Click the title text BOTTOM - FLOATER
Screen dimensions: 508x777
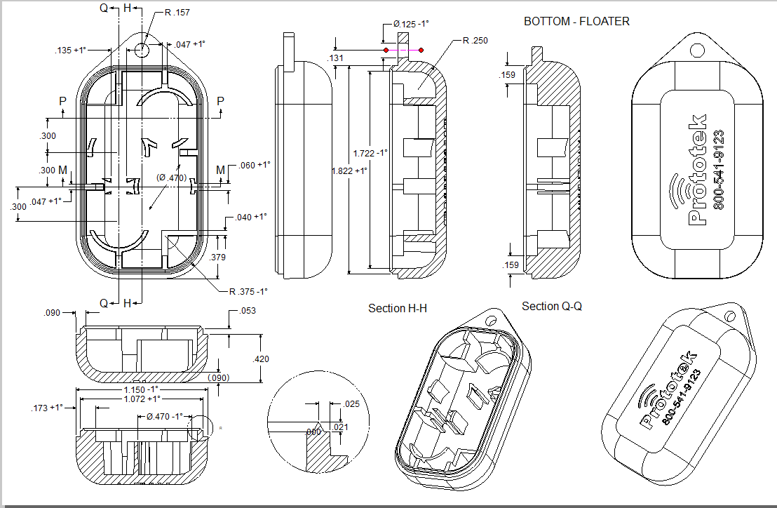pos(576,22)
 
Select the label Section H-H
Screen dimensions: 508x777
pos(398,309)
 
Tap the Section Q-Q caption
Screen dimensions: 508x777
pos(552,307)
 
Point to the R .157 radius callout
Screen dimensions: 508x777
pos(177,13)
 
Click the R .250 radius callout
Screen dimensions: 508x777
pos(475,41)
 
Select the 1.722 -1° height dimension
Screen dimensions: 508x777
pos(370,154)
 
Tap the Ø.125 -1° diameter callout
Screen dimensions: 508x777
pos(411,24)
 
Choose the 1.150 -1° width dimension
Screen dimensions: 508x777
pos(142,389)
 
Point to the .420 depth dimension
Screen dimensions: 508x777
pos(261,359)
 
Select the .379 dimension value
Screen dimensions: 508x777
pos(218,258)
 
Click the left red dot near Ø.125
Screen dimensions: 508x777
pos(385,51)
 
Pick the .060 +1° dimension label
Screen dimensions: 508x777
pos(255,165)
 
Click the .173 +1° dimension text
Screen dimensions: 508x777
pos(48,407)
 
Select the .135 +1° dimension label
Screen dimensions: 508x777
pos(71,51)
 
